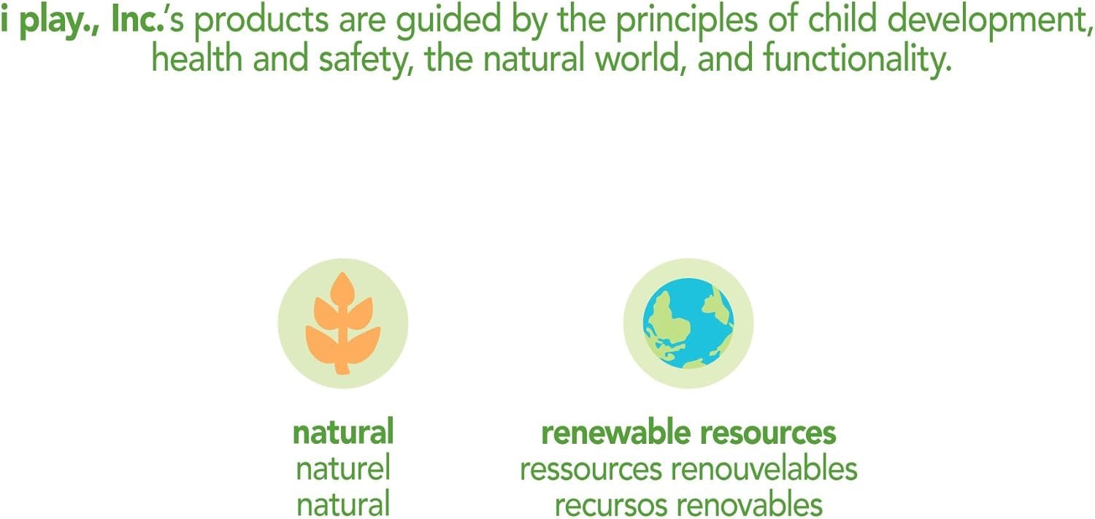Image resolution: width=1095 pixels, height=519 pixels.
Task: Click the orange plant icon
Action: tap(343, 323)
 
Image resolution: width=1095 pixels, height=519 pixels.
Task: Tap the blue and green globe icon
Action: tap(688, 323)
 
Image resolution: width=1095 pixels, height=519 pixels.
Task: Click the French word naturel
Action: tap(343, 468)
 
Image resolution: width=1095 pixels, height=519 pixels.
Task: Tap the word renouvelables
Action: tap(764, 468)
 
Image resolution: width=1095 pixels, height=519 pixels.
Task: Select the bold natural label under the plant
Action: tap(343, 432)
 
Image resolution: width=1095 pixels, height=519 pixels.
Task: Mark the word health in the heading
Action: tap(197, 58)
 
